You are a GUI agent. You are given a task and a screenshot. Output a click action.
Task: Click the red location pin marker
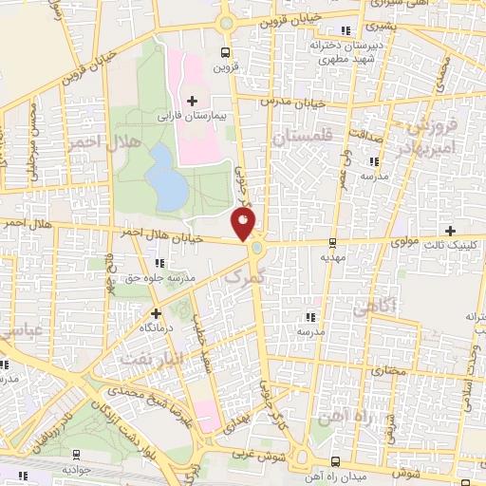pyautogui.click(x=244, y=223)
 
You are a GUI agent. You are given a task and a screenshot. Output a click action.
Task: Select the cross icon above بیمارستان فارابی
pyautogui.click(x=192, y=100)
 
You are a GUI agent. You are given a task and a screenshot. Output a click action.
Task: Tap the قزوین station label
pyautogui.click(x=225, y=66)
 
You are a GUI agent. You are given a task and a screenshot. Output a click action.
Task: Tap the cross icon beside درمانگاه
pyautogui.click(x=156, y=312)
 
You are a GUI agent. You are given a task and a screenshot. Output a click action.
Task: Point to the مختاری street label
pyautogui.click(x=389, y=369)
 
